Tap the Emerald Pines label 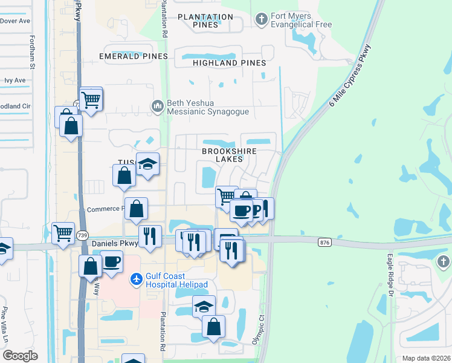134,56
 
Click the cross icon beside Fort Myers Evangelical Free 261,21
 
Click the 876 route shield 324,242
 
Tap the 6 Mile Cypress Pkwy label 350,76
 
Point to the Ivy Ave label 15,80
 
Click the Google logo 20,356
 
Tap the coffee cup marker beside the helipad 112,263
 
